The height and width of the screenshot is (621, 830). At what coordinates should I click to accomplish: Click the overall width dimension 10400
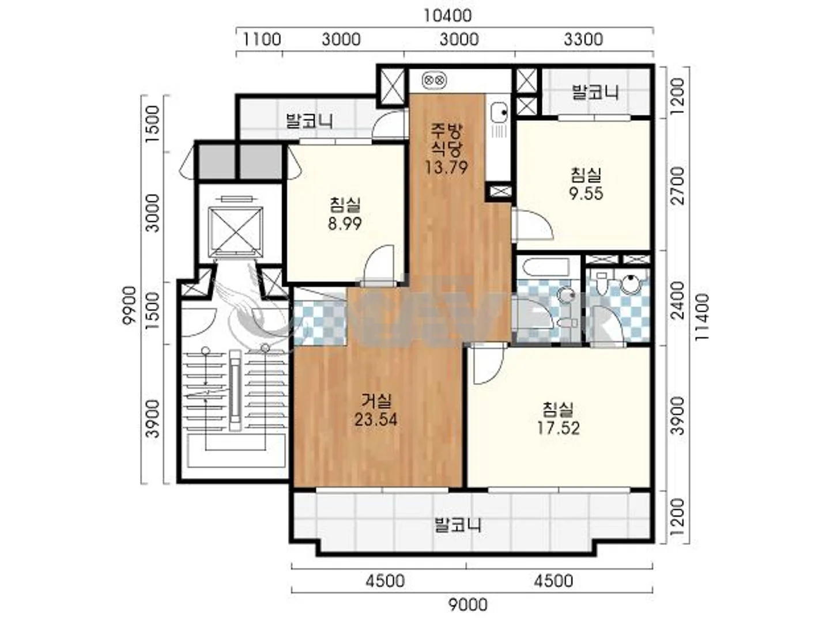click(x=447, y=16)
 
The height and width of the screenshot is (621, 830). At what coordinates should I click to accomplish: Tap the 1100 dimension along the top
click(x=262, y=39)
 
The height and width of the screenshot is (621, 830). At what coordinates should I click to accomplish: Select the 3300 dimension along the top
click(x=583, y=39)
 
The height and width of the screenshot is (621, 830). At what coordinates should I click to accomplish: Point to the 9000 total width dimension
click(x=468, y=605)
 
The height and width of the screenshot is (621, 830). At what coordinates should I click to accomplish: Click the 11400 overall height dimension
click(x=702, y=317)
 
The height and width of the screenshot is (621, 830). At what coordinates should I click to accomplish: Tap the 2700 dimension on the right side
click(x=679, y=186)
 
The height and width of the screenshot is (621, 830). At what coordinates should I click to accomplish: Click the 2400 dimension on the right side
click(x=679, y=300)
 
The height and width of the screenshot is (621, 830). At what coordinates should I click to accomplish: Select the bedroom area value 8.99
click(x=345, y=224)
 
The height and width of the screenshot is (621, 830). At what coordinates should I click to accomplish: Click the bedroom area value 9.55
click(x=586, y=194)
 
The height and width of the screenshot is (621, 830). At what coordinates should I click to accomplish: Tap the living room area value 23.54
click(x=375, y=420)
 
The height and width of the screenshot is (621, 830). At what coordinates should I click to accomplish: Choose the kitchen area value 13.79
click(x=446, y=167)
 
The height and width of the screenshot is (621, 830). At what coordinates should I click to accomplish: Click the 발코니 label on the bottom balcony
click(x=458, y=526)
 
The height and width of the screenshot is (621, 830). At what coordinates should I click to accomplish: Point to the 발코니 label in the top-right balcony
click(x=595, y=93)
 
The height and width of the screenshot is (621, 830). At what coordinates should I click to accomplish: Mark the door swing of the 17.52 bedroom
click(x=487, y=366)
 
